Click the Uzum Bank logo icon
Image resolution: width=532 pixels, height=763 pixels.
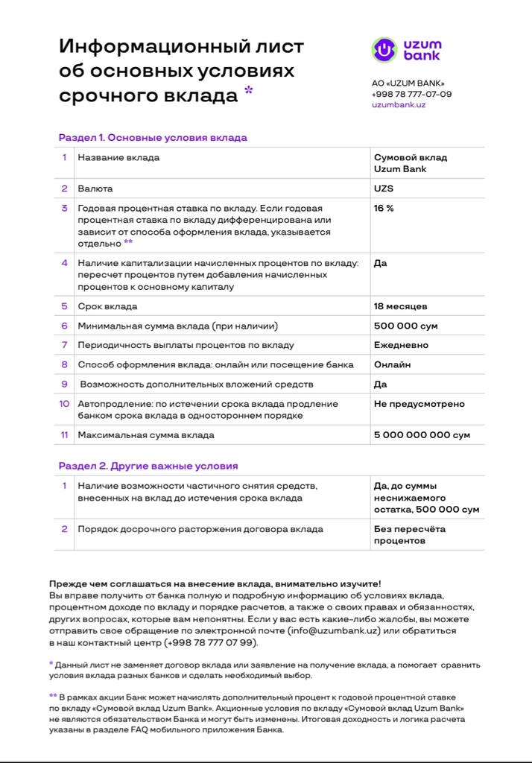384,50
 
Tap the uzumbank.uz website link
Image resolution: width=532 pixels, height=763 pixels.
398,105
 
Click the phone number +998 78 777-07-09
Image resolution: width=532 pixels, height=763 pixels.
411,94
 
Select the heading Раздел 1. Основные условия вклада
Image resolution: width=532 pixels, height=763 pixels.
153,138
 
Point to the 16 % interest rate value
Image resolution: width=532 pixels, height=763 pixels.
384,209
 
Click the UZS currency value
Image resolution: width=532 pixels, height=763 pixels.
384,189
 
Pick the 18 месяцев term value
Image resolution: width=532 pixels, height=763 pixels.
400,306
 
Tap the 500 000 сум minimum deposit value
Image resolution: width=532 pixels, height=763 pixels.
405,326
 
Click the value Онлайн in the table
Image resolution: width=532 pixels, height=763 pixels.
392,364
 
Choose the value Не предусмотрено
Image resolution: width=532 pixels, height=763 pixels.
419,404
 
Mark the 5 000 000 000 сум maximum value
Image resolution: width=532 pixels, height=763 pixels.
422,434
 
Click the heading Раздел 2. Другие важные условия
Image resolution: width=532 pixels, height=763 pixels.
148,466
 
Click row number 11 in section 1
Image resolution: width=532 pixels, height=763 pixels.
65,434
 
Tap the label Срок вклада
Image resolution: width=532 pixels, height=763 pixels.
107,306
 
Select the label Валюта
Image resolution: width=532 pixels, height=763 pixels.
95,189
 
